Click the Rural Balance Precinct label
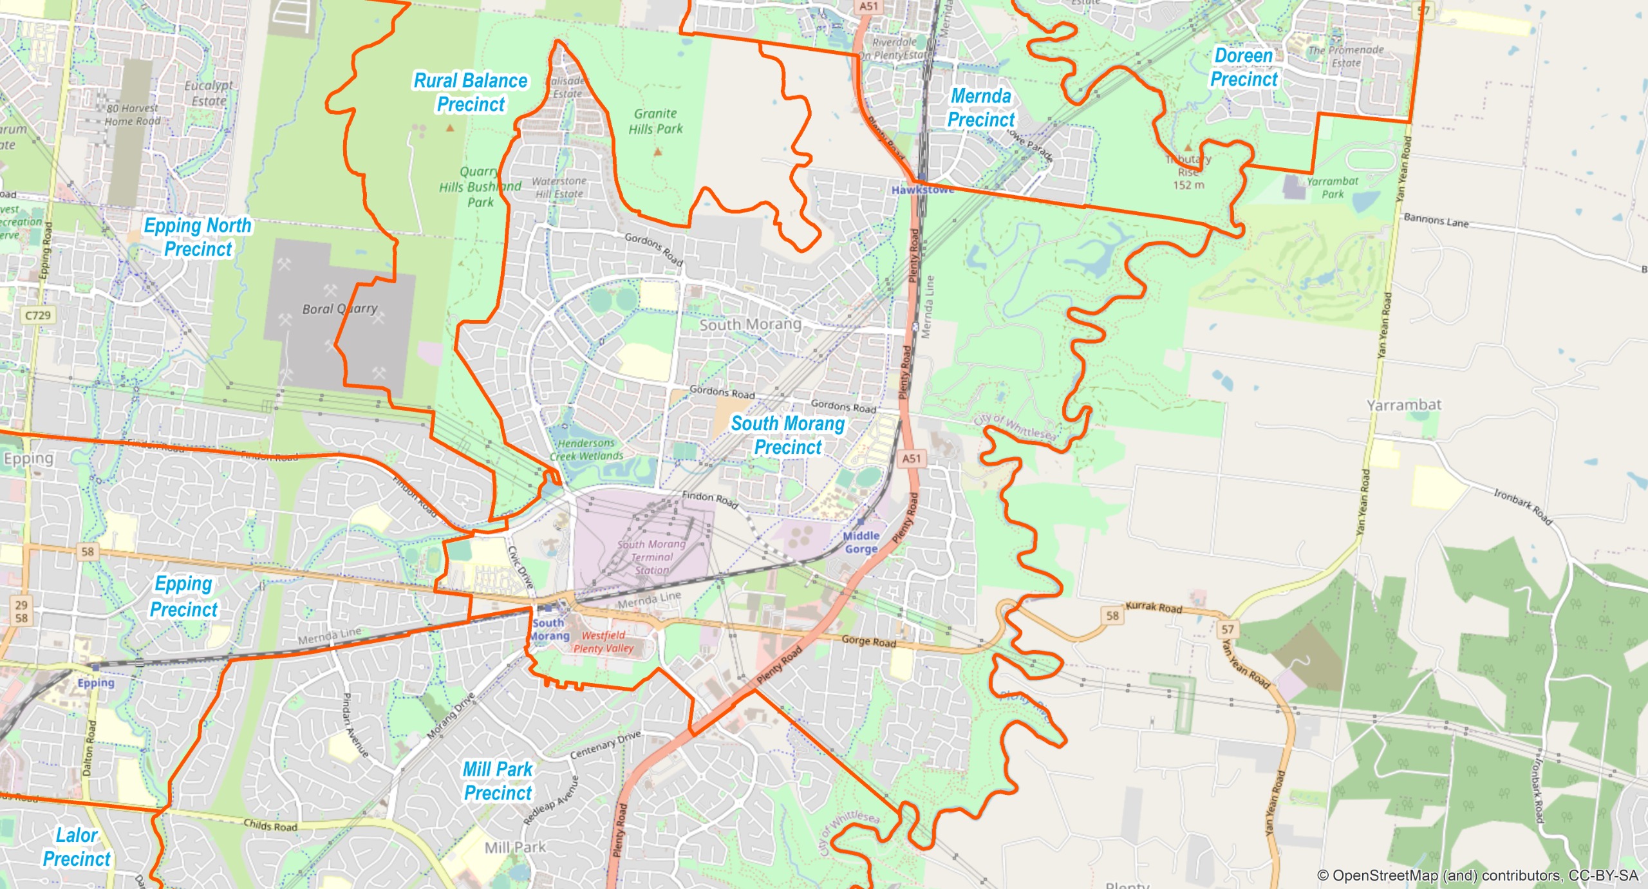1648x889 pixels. point(471,93)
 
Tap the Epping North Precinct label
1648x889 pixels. point(198,237)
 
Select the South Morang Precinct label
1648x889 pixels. point(787,435)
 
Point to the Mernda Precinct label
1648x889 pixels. point(980,108)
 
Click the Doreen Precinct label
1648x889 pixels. point(1244,68)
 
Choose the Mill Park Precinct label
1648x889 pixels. point(498,781)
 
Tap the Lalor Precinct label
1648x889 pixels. point(77,847)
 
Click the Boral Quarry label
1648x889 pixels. point(340,309)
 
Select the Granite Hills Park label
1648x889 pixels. point(655,121)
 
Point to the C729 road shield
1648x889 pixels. point(38,315)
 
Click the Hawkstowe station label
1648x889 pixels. point(922,190)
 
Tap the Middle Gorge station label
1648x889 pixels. point(861,542)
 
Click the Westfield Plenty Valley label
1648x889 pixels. point(603,642)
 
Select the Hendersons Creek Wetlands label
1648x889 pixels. point(586,449)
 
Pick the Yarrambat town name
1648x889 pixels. point(1404,405)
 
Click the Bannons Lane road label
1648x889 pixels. point(1436,221)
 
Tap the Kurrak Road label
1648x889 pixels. point(1154,608)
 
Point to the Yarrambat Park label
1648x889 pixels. point(1332,187)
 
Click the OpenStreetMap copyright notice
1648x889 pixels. point(1477,875)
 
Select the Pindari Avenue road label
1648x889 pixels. point(355,725)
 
